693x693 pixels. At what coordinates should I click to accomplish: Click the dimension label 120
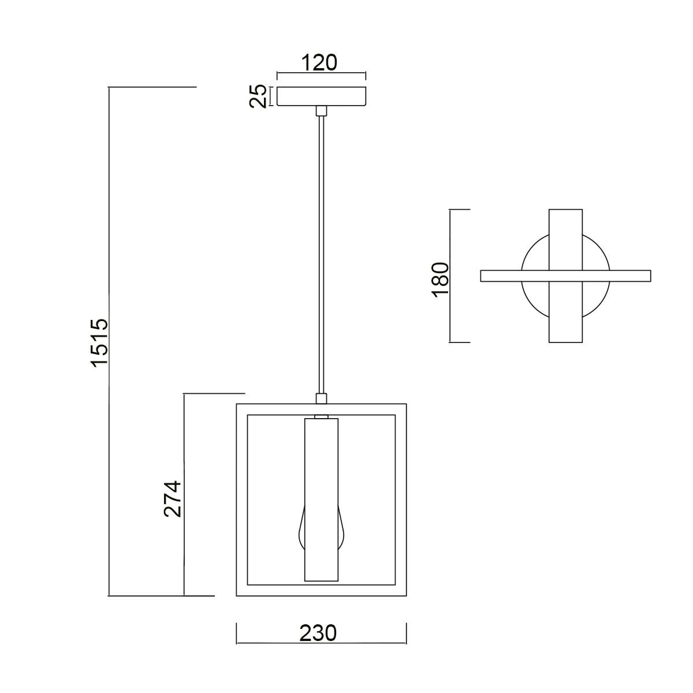[319, 62]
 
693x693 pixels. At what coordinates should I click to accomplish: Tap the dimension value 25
[258, 96]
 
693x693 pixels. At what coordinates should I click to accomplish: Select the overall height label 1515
[99, 342]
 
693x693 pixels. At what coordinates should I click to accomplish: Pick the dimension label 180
[441, 280]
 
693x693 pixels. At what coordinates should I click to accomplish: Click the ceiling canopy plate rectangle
[322, 96]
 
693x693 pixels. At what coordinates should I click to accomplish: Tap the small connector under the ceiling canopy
[322, 111]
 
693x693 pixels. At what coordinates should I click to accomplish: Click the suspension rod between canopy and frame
[322, 255]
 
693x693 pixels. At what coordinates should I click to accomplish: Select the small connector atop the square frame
[322, 398]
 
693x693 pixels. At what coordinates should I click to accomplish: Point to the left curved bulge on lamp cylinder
[301, 530]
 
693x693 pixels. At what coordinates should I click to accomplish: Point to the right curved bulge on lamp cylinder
[342, 530]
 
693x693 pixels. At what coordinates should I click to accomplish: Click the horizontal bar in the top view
[566, 276]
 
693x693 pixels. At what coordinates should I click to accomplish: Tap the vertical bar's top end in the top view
[566, 209]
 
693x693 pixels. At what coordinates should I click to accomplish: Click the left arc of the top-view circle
[535, 276]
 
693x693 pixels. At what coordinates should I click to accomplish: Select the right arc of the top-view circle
[596, 276]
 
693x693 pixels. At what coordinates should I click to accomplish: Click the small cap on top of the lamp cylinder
[322, 416]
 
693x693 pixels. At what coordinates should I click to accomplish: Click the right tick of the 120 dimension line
[366, 76]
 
